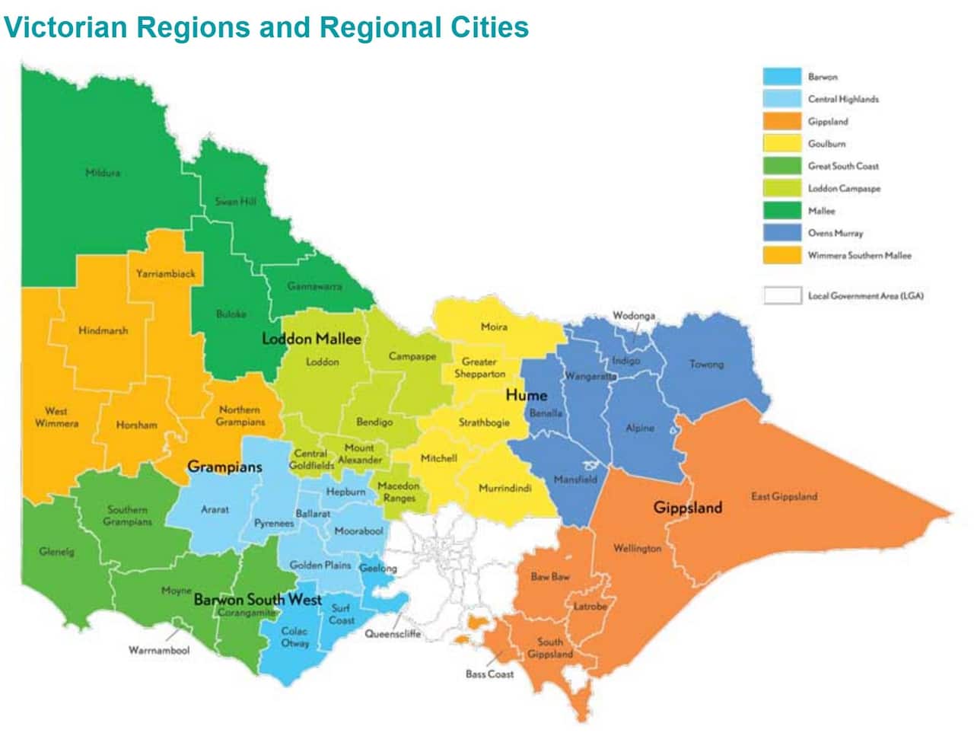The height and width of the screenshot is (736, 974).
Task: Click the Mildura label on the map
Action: pyautogui.click(x=102, y=173)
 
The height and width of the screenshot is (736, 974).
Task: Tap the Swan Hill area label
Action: pyautogui.click(x=235, y=202)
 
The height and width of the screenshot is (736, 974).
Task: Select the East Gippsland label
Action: pyautogui.click(x=784, y=496)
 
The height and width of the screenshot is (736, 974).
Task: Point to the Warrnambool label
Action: pyautogui.click(x=159, y=651)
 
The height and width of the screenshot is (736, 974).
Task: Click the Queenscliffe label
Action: pyautogui.click(x=393, y=633)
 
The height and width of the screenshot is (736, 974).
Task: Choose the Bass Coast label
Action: pyautogui.click(x=489, y=674)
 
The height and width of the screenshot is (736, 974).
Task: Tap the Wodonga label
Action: pyautogui.click(x=633, y=316)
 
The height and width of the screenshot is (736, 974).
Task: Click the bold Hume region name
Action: pyautogui.click(x=526, y=395)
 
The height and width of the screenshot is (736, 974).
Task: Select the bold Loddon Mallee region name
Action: pyautogui.click(x=311, y=339)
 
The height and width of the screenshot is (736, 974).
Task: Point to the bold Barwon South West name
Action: pyautogui.click(x=257, y=600)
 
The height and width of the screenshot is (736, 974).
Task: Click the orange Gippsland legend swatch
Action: pyautogui.click(x=781, y=121)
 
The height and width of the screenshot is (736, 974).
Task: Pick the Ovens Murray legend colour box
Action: pyautogui.click(x=781, y=233)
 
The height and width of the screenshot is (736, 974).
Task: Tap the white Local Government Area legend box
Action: pyautogui.click(x=781, y=295)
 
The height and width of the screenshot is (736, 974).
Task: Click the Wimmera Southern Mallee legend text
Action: pyautogui.click(x=859, y=256)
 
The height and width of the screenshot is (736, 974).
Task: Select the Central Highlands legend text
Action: pyautogui.click(x=843, y=99)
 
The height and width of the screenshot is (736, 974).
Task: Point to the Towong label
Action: pyautogui.click(x=706, y=364)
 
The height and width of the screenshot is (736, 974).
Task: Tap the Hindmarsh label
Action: pyautogui.click(x=103, y=331)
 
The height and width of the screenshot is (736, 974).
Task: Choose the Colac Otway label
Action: pyautogui.click(x=294, y=637)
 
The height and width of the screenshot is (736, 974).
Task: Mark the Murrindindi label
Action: pyautogui.click(x=505, y=489)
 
